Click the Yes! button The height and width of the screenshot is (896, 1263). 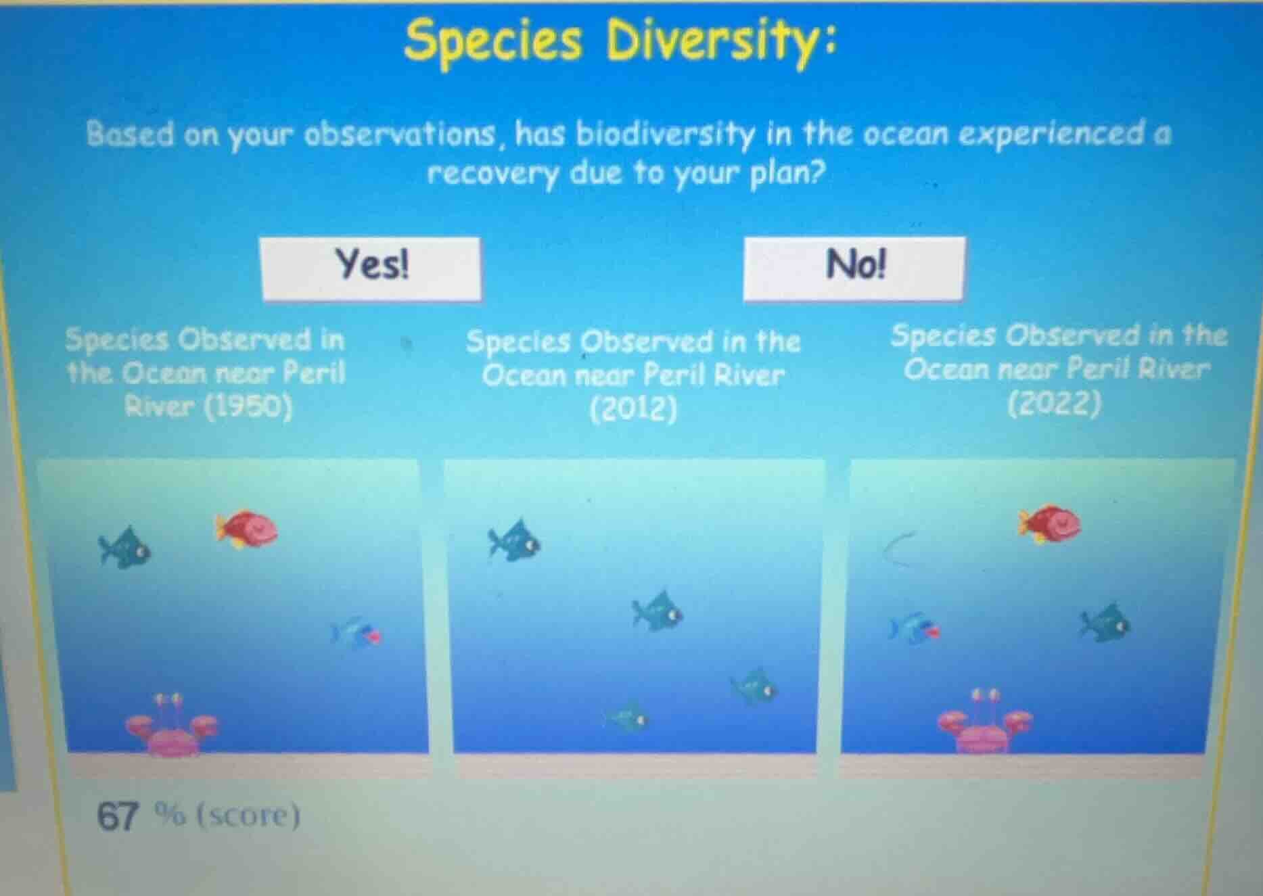[x=371, y=268]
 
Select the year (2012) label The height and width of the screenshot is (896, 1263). [x=633, y=409]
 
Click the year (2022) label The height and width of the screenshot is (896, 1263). [x=1054, y=404]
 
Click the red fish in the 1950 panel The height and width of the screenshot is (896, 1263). [x=247, y=527]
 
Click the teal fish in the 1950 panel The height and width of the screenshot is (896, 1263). [x=126, y=548]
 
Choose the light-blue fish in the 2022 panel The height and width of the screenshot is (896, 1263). [x=913, y=628]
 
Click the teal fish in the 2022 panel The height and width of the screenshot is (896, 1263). [x=1105, y=623]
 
